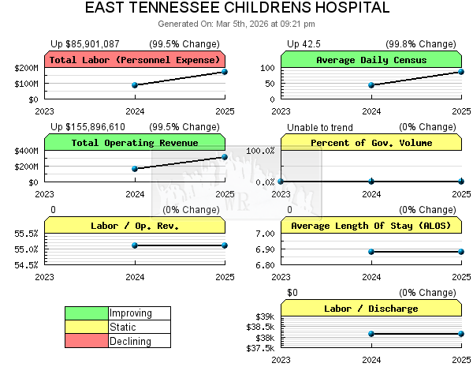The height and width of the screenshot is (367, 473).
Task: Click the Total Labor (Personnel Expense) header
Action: [x=135, y=60]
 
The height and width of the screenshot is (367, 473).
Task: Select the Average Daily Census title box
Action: [x=371, y=60]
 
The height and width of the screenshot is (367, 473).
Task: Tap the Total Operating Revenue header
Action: [x=135, y=143]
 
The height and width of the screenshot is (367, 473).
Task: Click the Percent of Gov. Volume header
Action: [x=371, y=143]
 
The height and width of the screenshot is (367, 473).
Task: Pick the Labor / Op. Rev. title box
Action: [x=135, y=226]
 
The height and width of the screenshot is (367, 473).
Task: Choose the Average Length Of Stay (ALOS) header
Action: [x=371, y=226]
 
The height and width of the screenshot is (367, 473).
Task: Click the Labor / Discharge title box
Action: [x=371, y=309]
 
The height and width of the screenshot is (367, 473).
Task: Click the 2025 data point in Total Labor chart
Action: [x=225, y=72]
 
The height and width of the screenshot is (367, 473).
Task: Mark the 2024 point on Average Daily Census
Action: [x=371, y=85]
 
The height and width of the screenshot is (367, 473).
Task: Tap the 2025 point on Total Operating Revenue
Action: [x=225, y=157]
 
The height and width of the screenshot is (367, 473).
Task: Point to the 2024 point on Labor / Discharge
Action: [x=371, y=334]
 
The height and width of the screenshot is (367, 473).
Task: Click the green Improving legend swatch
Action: [x=87, y=313]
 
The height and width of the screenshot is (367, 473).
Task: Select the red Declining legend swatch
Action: [x=87, y=342]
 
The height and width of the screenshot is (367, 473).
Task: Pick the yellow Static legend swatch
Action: [x=87, y=328]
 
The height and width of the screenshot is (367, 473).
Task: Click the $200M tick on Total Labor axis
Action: [x=26, y=69]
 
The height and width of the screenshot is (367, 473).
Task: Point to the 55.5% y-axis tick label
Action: [x=26, y=234]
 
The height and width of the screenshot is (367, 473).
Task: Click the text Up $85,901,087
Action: [x=85, y=43]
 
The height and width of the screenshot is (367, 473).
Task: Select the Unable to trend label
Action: [x=320, y=127]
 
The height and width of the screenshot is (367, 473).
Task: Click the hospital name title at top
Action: [x=236, y=8]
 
